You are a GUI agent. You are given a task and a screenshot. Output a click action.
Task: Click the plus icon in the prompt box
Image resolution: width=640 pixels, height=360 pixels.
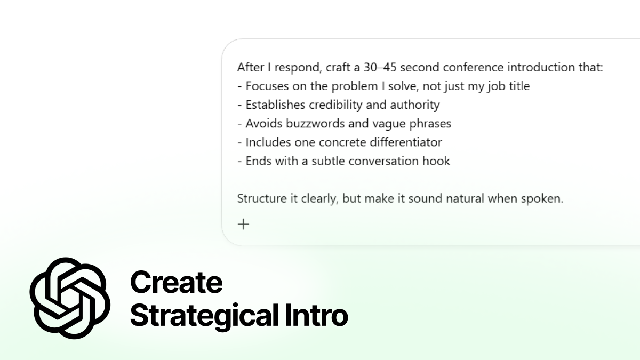point(243,224)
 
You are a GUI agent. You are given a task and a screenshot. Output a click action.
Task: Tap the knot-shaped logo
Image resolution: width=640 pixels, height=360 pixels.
point(70,298)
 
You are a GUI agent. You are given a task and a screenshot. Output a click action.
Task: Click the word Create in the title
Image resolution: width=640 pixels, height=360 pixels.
point(176,282)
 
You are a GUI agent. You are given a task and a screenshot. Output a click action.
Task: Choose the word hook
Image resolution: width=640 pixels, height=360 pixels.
point(436,161)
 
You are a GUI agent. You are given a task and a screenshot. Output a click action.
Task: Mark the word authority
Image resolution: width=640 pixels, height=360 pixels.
point(414,105)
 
